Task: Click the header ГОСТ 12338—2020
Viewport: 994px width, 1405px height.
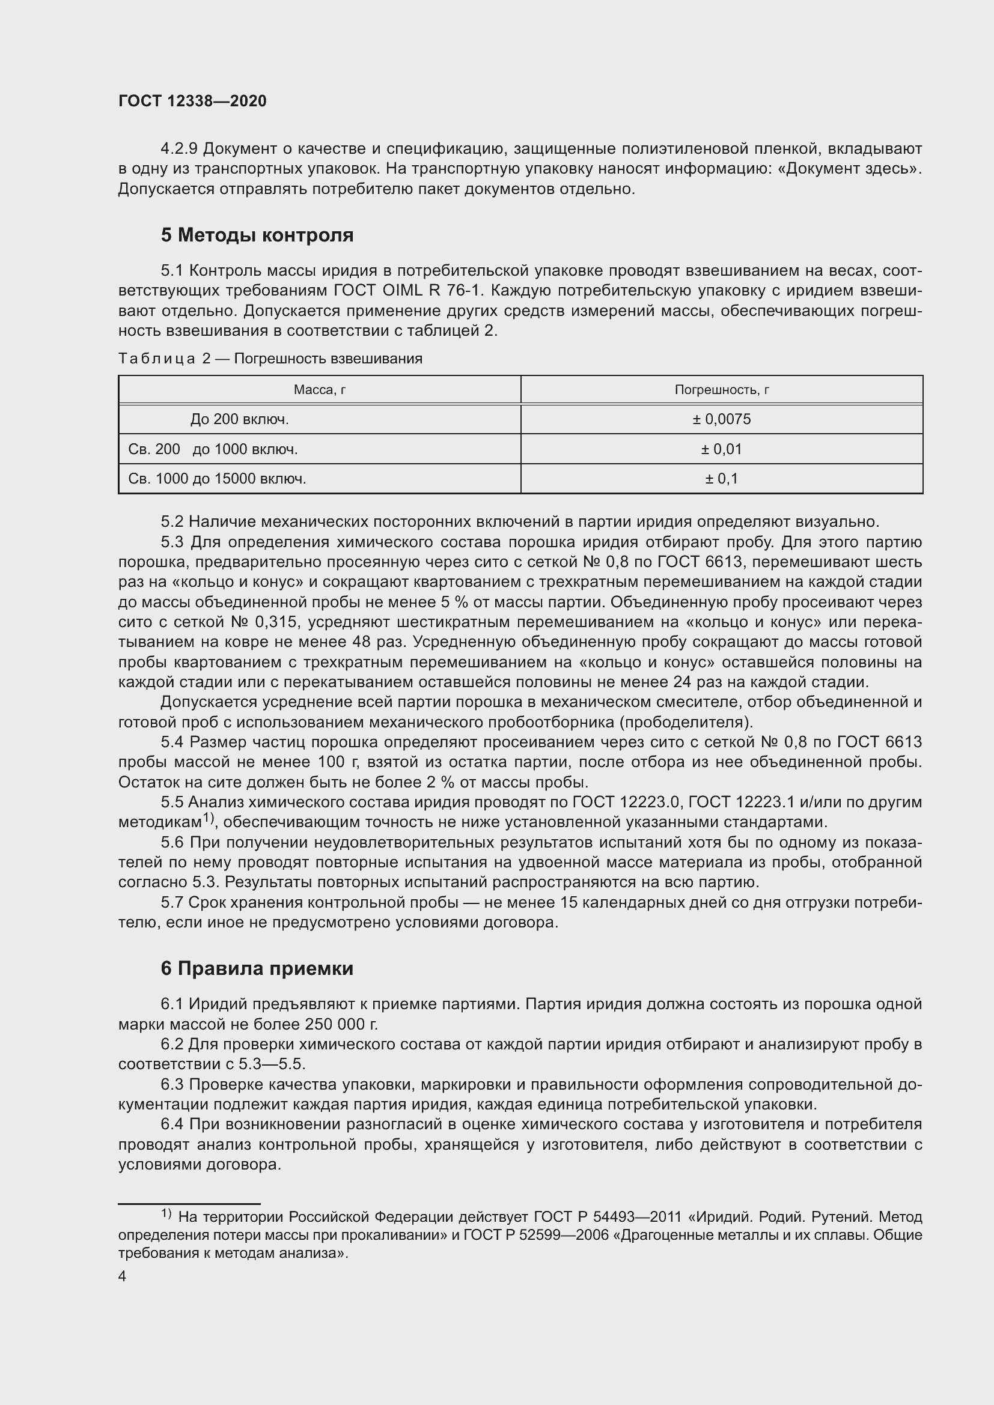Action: click(x=192, y=102)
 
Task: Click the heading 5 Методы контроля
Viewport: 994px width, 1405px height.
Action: click(x=257, y=235)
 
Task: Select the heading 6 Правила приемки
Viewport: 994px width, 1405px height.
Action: click(x=257, y=968)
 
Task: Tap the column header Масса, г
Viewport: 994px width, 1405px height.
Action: click(x=320, y=390)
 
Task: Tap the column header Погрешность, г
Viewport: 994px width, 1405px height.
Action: click(x=722, y=390)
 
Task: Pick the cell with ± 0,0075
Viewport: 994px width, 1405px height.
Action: click(x=722, y=419)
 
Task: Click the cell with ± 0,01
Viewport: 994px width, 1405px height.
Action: click(x=722, y=449)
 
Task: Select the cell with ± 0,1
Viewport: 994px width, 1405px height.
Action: click(x=722, y=479)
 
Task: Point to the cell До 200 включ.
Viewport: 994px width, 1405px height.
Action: click(x=239, y=419)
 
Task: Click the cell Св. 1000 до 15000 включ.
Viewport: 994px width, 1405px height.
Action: click(x=218, y=479)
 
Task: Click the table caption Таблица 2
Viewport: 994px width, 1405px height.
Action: click(x=164, y=359)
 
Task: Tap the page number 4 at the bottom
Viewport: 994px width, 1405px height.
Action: click(x=123, y=1276)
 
